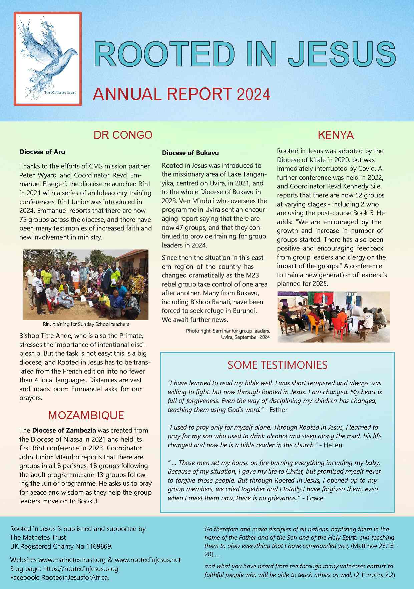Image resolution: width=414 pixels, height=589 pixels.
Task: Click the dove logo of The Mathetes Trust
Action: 48,59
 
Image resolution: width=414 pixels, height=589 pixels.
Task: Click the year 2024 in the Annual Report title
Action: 254,94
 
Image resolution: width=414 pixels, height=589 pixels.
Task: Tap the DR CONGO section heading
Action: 123,135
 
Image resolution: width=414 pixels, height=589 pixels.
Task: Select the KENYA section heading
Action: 336,135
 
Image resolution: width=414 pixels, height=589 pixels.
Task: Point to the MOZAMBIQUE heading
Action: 86,415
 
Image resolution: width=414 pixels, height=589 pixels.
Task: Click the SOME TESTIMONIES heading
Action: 277,365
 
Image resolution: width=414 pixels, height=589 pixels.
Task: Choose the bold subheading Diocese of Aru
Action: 42,152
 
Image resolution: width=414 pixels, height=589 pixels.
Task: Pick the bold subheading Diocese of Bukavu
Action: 190,153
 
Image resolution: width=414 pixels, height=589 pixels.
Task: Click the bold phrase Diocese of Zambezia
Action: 64,430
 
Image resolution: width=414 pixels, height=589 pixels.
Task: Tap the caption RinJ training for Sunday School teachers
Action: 86,324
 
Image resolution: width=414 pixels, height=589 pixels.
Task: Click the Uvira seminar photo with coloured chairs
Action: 333,317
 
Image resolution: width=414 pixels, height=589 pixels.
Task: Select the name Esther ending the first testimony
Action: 278,410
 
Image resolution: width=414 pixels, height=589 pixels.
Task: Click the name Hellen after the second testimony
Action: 333,445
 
